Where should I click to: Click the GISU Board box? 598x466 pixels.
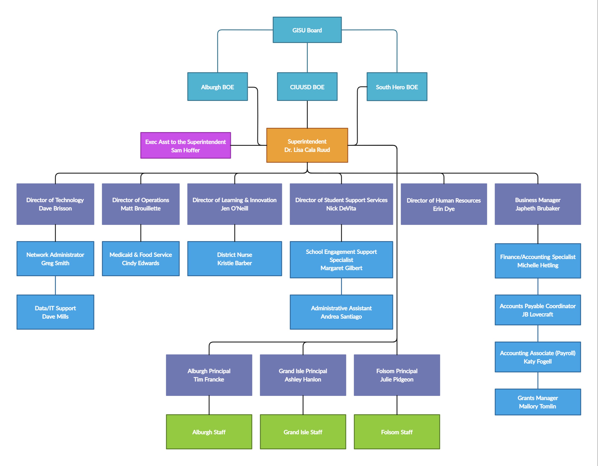307,30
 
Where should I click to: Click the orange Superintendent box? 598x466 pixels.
307,145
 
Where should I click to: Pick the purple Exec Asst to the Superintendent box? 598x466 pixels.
185,146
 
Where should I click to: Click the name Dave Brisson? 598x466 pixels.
55,208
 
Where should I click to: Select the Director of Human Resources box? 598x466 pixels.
444,204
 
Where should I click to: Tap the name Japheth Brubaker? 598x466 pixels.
538,208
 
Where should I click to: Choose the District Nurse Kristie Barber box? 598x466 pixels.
234,258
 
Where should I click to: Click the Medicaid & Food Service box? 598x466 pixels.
140,258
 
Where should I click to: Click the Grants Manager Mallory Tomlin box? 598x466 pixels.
538,402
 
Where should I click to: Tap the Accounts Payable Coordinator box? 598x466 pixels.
538,310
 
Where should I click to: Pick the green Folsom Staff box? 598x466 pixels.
397,432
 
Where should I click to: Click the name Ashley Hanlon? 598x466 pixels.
303,379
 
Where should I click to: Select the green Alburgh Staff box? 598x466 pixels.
209,432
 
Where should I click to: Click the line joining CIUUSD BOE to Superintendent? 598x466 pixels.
307,114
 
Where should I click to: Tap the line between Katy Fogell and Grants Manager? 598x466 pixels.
538,380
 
